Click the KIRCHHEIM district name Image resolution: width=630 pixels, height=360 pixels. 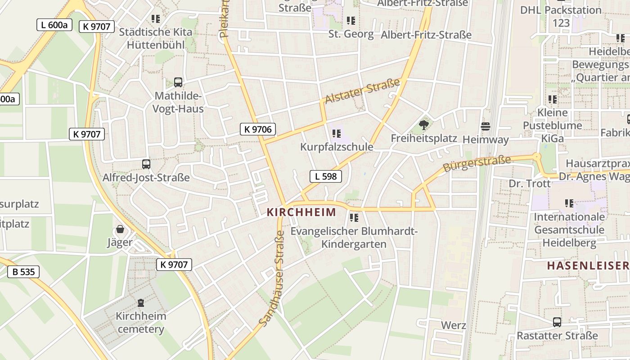point(301,212)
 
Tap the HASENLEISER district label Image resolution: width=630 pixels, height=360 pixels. point(587,265)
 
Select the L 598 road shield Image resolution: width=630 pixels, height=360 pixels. point(326,176)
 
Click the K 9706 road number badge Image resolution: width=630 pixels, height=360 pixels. point(257,130)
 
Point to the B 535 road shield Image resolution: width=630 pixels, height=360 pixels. point(23,271)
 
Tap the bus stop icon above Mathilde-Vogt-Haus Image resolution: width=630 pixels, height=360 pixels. point(178,82)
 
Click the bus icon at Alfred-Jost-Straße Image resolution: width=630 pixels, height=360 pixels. point(146,164)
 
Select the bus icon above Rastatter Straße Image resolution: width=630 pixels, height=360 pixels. point(557,322)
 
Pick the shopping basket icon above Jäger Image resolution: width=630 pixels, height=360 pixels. point(120,229)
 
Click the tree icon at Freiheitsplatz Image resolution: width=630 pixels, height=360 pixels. point(423,125)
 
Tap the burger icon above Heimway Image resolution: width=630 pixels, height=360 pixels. point(485,126)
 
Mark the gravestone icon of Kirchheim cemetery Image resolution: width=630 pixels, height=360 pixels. point(141,302)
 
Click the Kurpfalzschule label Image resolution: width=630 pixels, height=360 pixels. point(337,147)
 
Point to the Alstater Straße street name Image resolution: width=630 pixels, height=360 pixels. point(362,91)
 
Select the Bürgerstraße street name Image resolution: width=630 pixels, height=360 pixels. point(477,164)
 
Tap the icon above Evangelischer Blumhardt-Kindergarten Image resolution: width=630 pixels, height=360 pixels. point(354,218)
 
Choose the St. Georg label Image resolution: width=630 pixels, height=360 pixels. point(351,34)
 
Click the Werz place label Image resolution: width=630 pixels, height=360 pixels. point(453,325)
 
